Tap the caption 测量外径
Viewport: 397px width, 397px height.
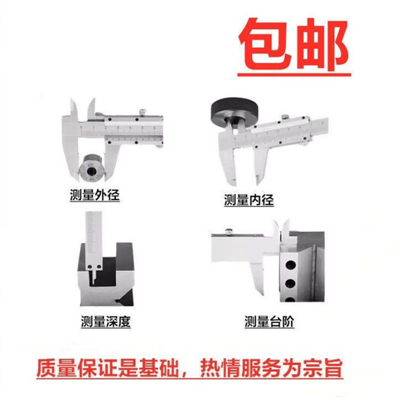tap(95, 195)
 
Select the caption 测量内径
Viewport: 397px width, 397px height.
tap(248, 200)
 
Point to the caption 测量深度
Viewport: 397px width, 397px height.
tap(105, 321)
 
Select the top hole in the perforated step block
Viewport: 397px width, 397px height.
tap(289, 263)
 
